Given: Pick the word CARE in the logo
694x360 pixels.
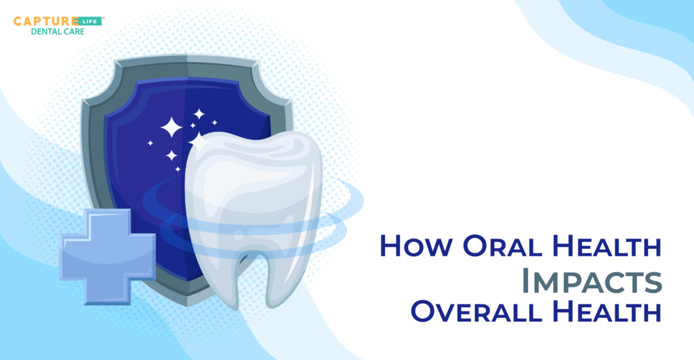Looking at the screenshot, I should pos(75,32).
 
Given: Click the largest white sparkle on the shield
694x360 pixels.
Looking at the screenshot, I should pos(171,127).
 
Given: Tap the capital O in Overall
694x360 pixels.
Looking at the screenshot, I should pos(424,313).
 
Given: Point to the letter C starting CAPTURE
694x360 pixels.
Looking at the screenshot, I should pos(18,21).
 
